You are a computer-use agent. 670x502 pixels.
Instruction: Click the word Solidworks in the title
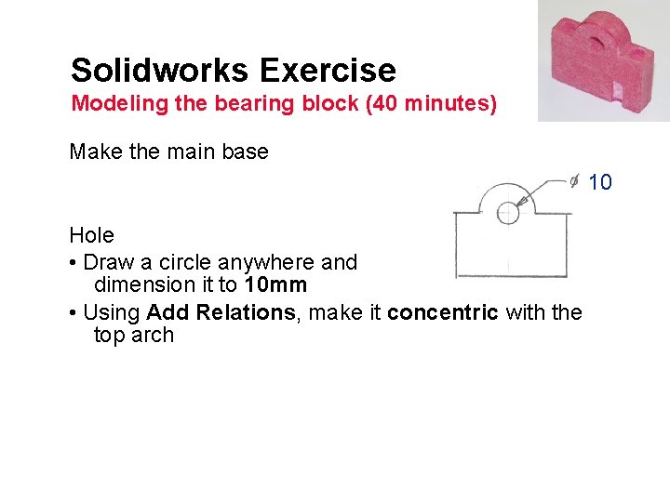(159, 71)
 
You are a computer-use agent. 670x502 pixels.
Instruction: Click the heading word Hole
(91, 236)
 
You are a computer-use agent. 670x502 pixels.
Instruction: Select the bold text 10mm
(275, 285)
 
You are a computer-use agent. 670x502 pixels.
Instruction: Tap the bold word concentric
(443, 312)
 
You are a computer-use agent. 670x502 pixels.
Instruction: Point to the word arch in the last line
(153, 336)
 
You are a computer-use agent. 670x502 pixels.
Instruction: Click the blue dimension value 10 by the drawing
(600, 182)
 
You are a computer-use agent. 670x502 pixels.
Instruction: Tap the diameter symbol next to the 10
(576, 181)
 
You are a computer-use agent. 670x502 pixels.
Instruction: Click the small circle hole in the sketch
(508, 213)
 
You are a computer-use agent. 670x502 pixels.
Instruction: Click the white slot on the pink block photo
(617, 90)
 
